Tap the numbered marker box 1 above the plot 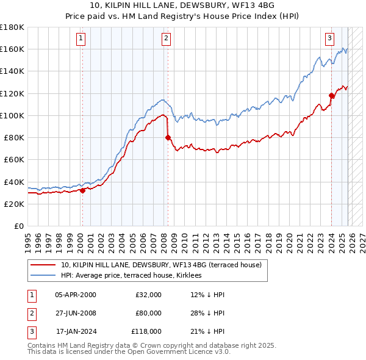[x=81, y=38]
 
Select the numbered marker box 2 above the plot [x=167, y=38]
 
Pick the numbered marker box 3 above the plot [x=329, y=38]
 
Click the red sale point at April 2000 [x=82, y=190]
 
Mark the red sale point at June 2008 [x=168, y=137]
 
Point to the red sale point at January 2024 [x=331, y=95]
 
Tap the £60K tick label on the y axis [x=14, y=160]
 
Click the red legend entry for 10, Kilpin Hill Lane [x=161, y=265]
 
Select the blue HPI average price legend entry [x=135, y=276]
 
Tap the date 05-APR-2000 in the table [x=75, y=295]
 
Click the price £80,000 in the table [x=148, y=313]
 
